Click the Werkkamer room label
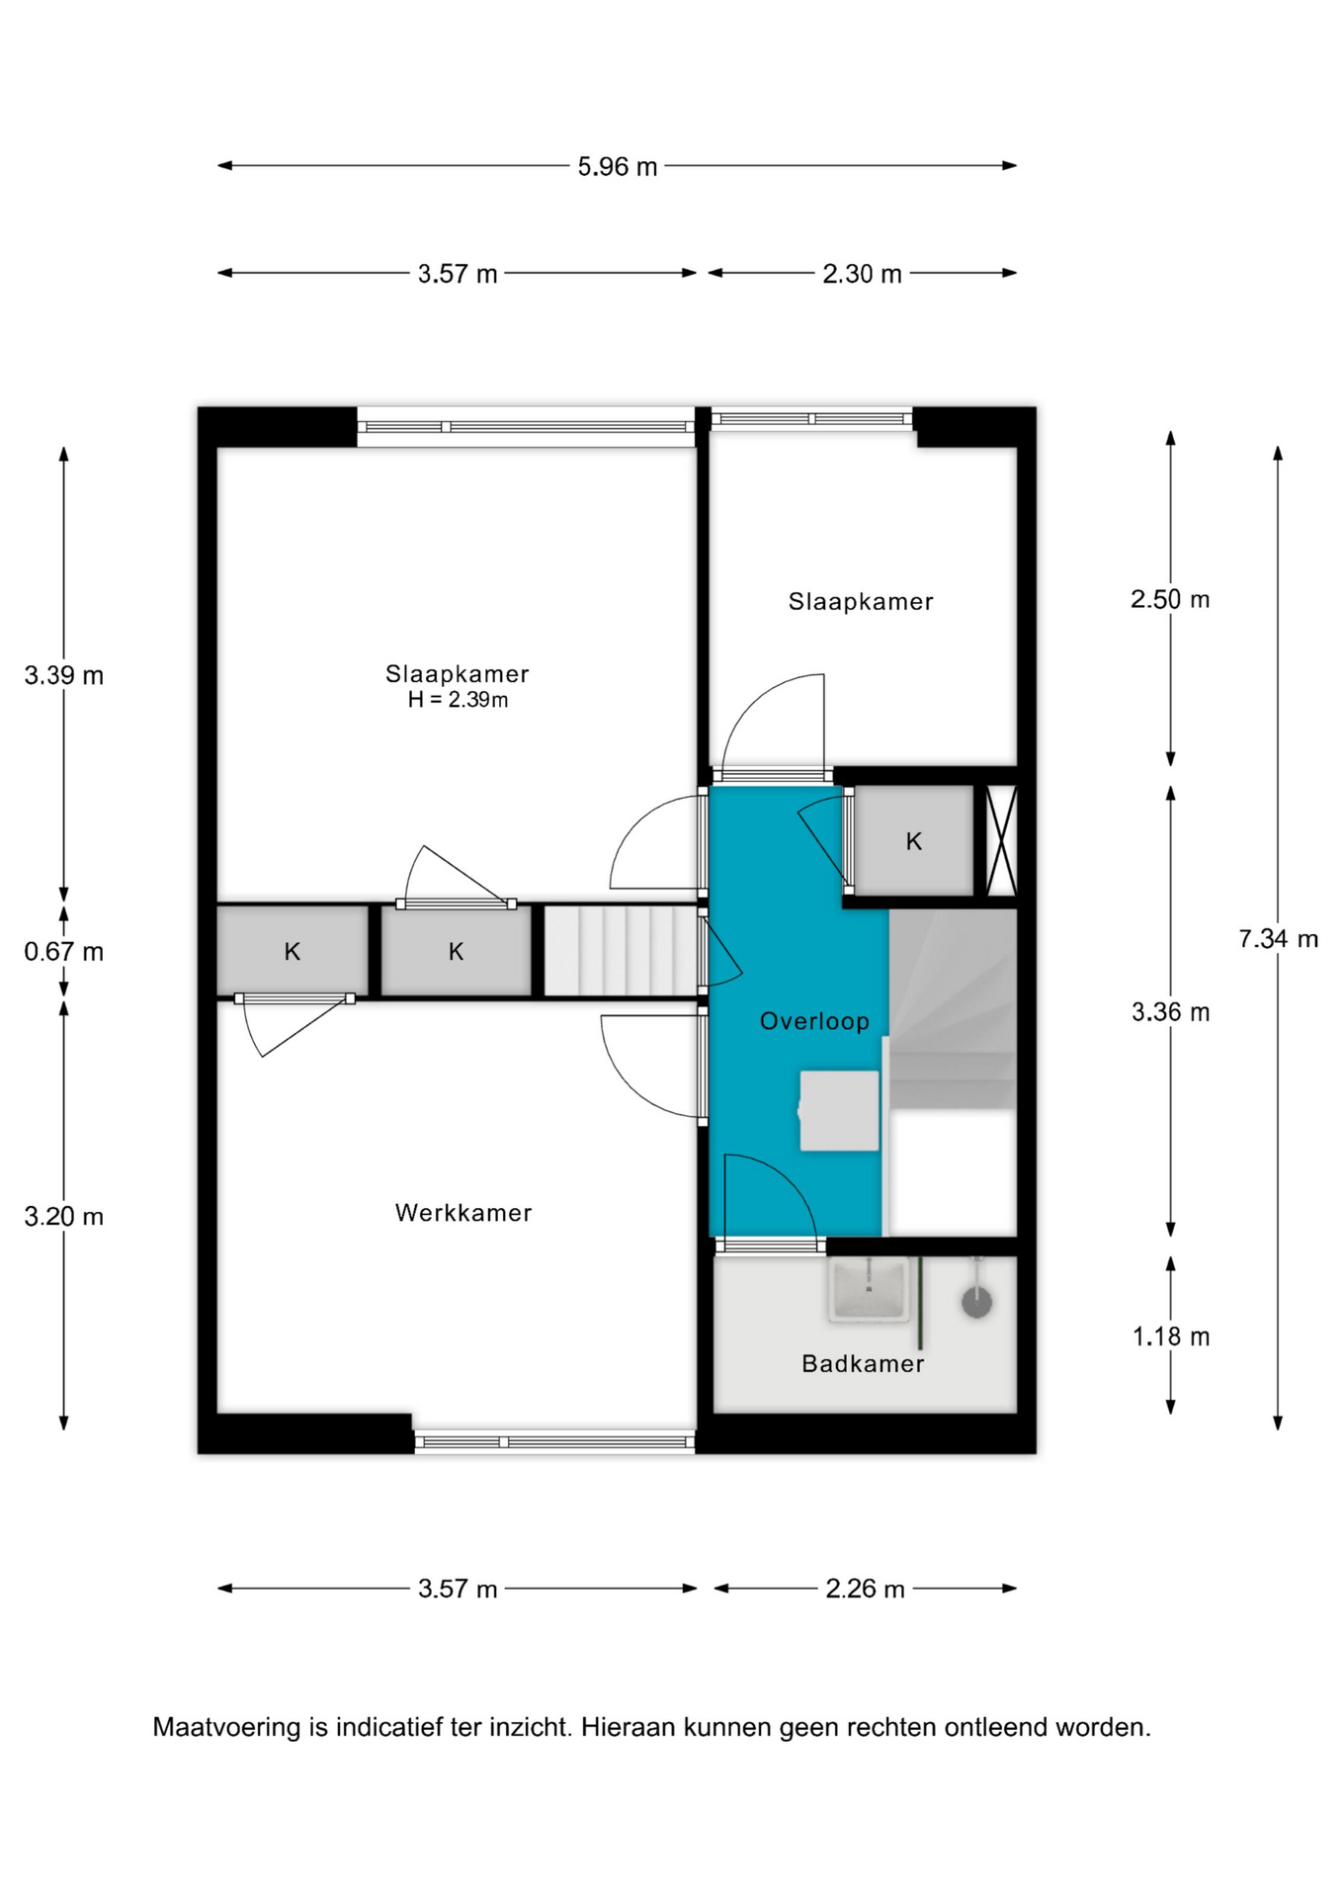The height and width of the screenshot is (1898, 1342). click(x=463, y=1213)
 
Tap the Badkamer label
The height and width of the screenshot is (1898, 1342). click(x=863, y=1364)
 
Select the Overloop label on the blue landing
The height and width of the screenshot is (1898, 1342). click(x=814, y=1021)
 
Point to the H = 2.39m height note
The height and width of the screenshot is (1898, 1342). click(x=459, y=700)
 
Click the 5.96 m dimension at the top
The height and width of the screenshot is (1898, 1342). click(x=618, y=166)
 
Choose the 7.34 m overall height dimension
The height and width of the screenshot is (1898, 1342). click(x=1279, y=938)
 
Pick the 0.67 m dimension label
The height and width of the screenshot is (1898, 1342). click(x=64, y=952)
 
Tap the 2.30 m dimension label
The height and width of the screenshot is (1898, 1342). click(x=862, y=274)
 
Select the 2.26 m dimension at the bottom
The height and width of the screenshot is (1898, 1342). click(x=865, y=1589)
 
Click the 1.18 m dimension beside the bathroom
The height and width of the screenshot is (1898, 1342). click(x=1171, y=1337)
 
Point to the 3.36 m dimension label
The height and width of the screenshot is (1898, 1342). click(x=1171, y=1011)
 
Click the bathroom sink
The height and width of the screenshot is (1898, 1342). click(x=869, y=1289)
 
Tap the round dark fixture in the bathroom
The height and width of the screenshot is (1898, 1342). click(x=976, y=1302)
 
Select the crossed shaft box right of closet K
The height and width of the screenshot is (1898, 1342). click(x=1002, y=841)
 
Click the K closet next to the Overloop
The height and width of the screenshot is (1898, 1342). click(x=914, y=841)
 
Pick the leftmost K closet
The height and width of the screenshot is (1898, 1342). click(x=293, y=951)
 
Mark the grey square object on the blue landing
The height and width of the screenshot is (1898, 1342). click(x=839, y=1110)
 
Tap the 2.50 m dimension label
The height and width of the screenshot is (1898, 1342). click(x=1171, y=599)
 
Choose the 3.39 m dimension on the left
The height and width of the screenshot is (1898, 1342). click(x=64, y=675)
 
